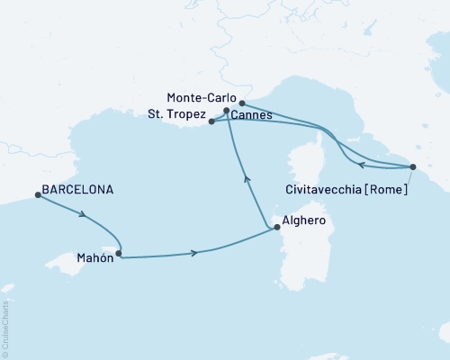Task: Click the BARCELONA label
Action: coord(78,191)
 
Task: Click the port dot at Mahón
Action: coord(118,253)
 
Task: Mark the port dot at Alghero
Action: coord(276,228)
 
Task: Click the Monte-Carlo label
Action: coord(201,96)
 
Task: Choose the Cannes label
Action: coord(253,115)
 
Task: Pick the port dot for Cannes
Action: coord(226,112)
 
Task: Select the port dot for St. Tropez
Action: coord(211,121)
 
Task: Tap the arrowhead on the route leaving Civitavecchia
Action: coord(360,165)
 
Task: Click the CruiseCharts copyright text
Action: coord(6,331)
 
